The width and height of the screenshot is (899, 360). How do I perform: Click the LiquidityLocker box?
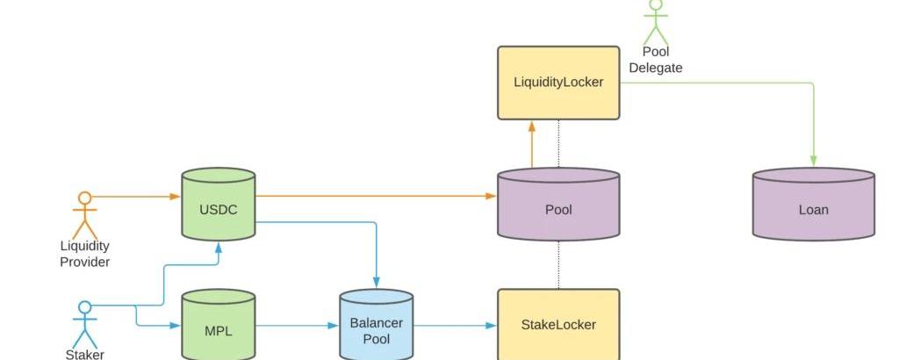pyautogui.click(x=558, y=83)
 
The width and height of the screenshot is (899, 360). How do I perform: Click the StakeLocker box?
pyautogui.click(x=558, y=324)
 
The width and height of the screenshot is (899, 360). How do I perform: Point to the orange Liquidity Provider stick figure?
pyautogui.click(x=84, y=213)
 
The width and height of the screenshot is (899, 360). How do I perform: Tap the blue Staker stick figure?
pyautogui.click(x=84, y=324)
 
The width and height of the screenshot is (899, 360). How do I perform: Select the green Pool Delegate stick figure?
pyautogui.click(x=656, y=21)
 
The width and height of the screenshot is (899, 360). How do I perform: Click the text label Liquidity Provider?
pyautogui.click(x=84, y=254)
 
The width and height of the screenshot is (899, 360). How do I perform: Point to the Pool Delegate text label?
pyautogui.click(x=656, y=60)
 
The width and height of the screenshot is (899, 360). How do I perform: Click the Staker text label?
pyautogui.click(x=84, y=355)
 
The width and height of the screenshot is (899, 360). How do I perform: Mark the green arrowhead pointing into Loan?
pyautogui.click(x=814, y=161)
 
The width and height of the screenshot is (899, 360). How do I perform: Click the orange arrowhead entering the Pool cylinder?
pyautogui.click(x=492, y=196)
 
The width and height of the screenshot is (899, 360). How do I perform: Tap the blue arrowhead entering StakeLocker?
pyautogui.click(x=492, y=325)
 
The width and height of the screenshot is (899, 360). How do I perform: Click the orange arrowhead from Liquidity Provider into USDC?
pyautogui.click(x=175, y=196)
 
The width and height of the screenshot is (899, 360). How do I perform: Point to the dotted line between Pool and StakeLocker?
pyautogui.click(x=558, y=263)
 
